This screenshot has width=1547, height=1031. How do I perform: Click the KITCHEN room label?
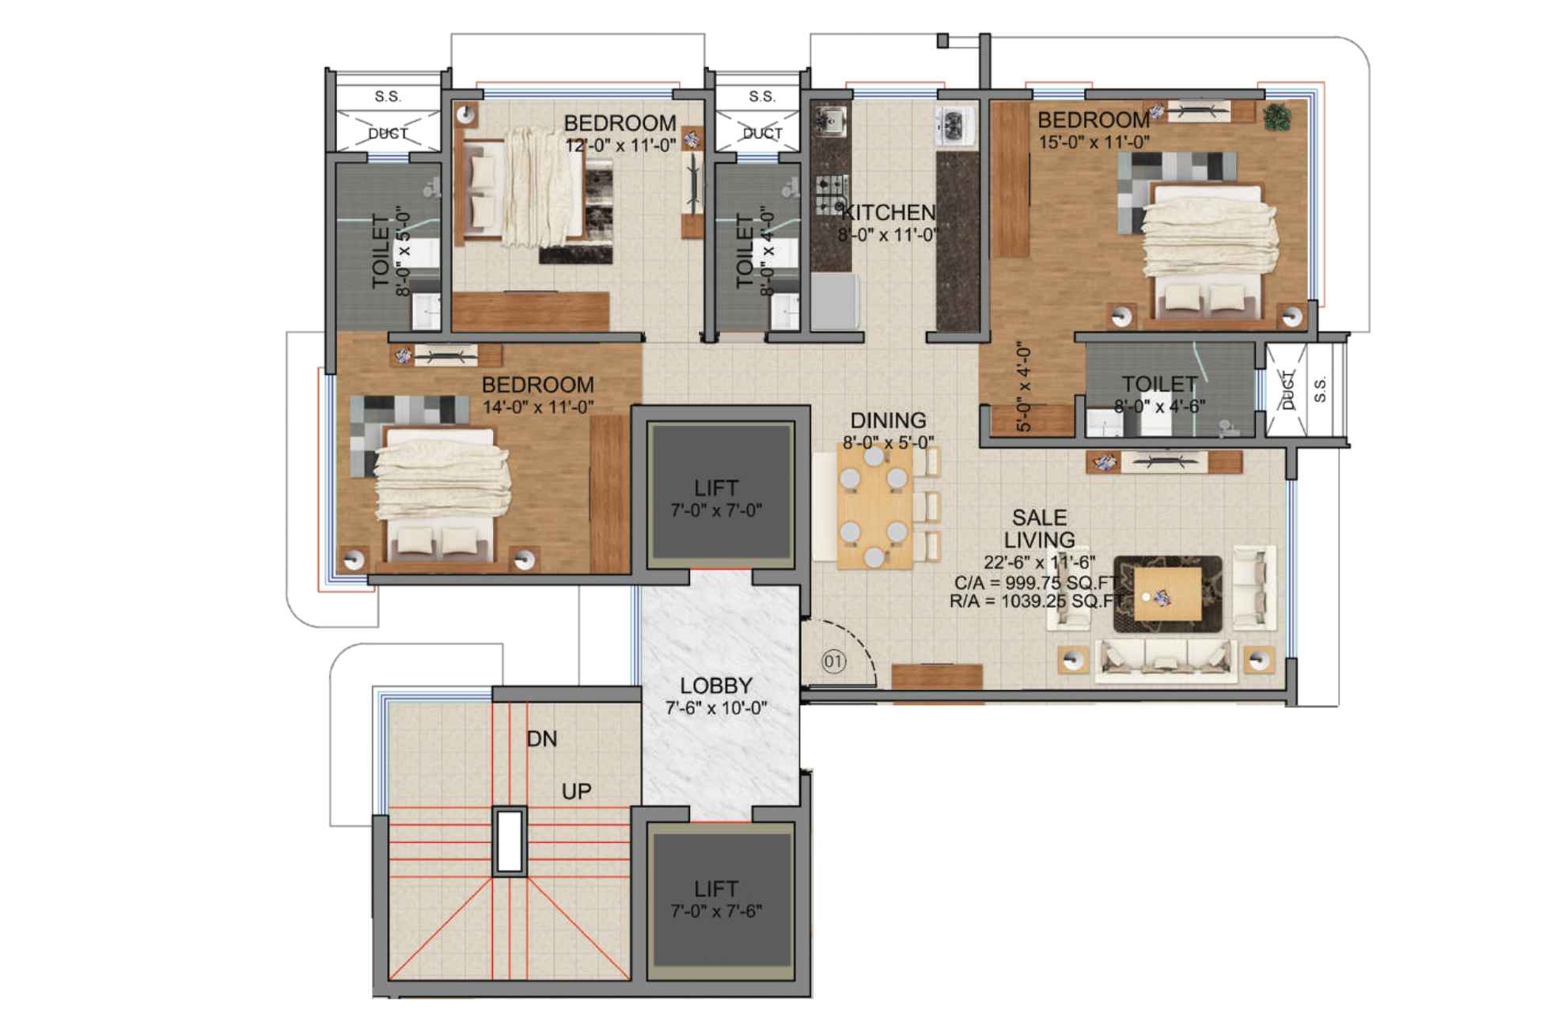888,212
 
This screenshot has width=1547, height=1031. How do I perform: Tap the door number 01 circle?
833,661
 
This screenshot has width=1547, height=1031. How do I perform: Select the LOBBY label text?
716,685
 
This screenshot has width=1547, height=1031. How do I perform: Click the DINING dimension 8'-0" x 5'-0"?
888,442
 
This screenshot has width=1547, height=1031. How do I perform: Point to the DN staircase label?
542,739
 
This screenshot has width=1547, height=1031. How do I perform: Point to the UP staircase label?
576,791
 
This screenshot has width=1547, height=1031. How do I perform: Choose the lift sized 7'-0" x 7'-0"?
717,498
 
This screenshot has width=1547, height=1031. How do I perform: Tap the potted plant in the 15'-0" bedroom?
1276,117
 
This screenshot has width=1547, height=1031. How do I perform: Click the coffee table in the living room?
1167,593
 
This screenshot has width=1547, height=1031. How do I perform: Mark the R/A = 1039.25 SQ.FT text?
1036,601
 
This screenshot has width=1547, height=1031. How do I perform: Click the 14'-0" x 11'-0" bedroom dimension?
538,407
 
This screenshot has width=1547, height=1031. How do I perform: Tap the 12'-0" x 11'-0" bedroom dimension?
620,145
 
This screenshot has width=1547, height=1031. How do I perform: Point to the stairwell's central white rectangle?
510,840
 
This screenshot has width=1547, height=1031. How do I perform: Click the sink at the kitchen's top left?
831,120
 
